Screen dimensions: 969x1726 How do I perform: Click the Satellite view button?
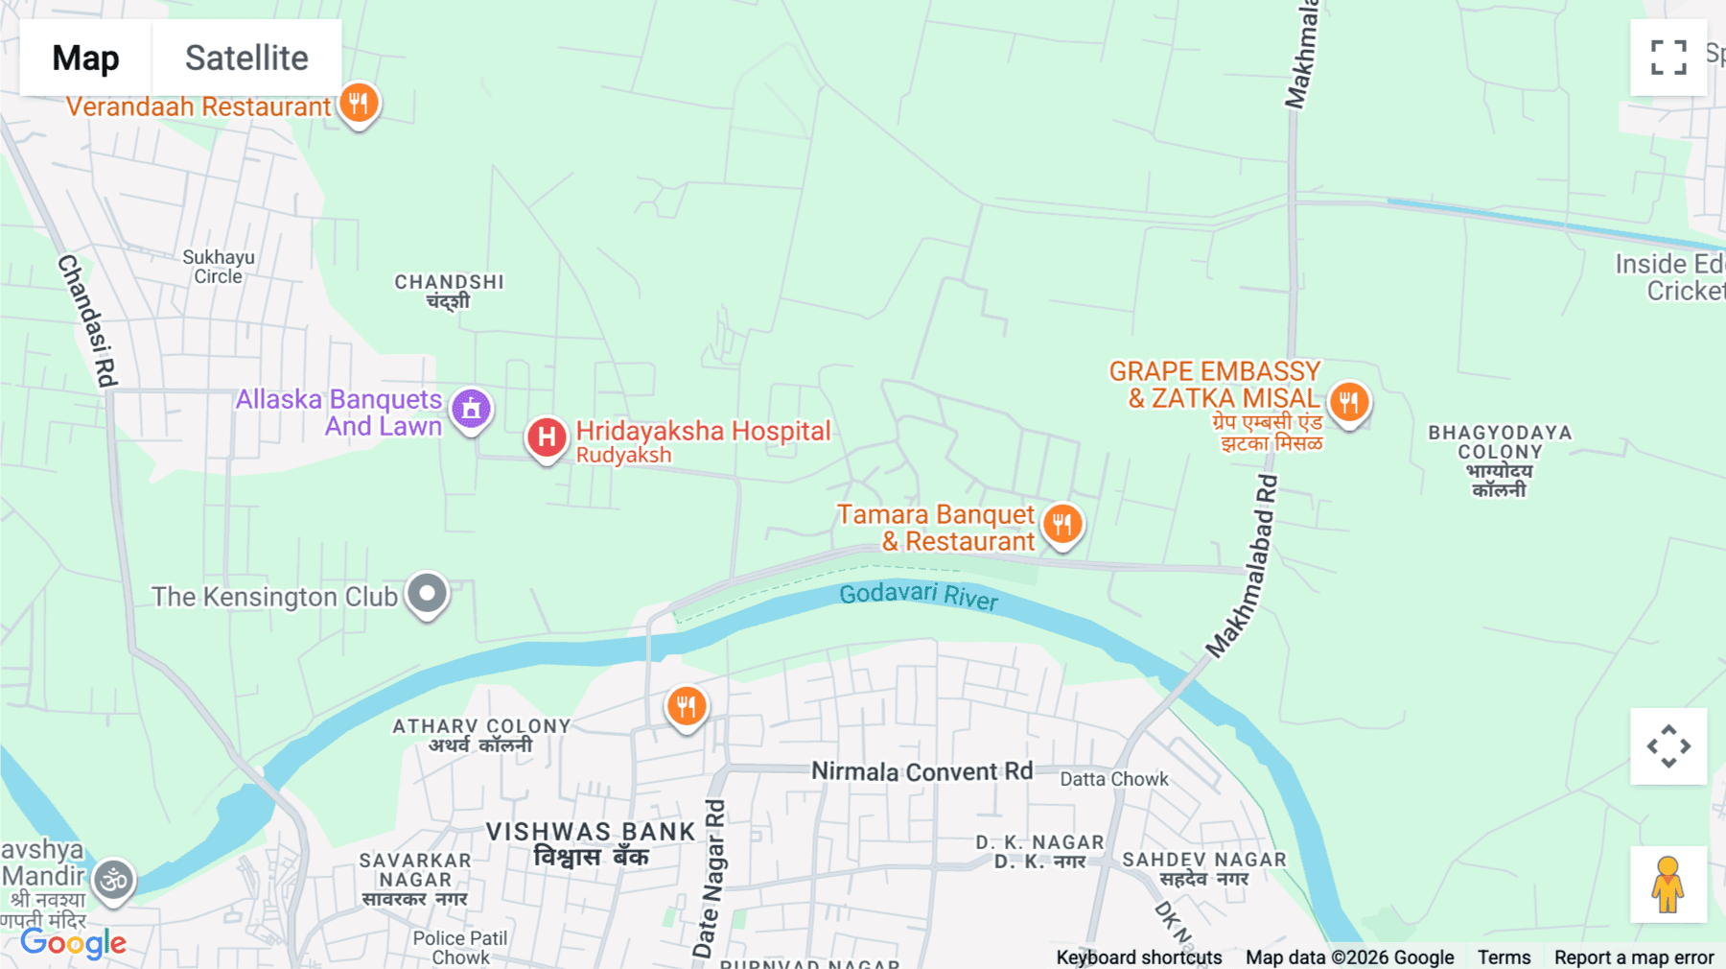point(246,58)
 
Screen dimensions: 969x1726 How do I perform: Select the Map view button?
point(85,58)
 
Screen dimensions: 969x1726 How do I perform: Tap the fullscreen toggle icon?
point(1668,58)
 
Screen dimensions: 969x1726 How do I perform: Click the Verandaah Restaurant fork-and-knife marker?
point(359,103)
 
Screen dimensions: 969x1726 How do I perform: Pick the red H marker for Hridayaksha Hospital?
point(547,437)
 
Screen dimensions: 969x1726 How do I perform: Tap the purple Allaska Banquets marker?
point(471,409)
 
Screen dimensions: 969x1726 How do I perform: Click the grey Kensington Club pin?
point(427,593)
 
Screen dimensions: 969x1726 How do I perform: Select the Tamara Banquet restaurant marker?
point(1061,524)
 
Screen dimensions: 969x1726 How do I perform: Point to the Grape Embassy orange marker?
point(1348,401)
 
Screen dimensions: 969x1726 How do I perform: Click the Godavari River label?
point(918,596)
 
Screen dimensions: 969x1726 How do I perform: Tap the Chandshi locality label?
point(449,291)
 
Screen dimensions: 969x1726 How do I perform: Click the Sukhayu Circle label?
point(219,267)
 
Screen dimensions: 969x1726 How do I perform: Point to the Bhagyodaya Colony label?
point(1500,461)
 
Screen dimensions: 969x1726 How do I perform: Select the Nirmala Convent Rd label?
point(921,771)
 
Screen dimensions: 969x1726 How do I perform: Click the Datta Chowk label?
point(1113,779)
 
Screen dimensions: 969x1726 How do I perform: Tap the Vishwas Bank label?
point(591,843)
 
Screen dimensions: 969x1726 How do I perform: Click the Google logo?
point(73,943)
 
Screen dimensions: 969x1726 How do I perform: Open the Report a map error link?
point(1633,957)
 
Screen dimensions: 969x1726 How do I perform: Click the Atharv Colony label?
point(481,735)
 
